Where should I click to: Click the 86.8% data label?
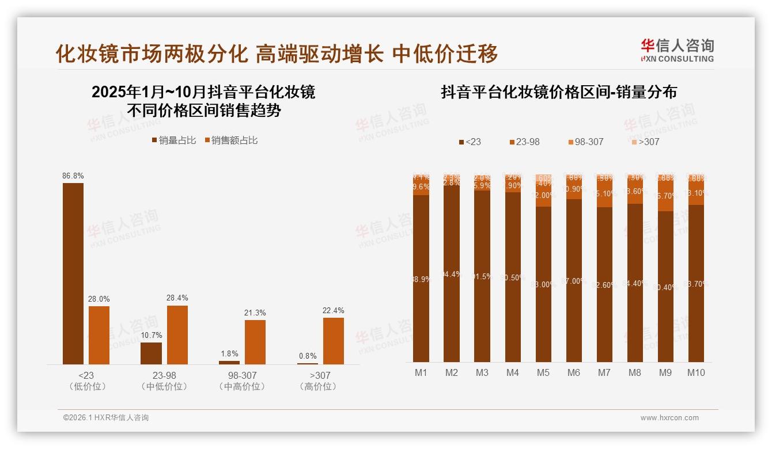point(73,176)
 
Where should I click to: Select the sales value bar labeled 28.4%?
point(177,334)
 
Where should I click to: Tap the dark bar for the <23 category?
point(73,273)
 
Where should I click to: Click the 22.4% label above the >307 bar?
point(334,310)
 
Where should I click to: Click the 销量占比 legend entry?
point(173,140)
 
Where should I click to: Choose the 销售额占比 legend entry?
point(231,140)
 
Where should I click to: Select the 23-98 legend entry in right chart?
point(525,142)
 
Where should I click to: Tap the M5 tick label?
point(543,372)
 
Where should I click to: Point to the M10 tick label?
point(696,372)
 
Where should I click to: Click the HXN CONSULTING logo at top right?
point(677,51)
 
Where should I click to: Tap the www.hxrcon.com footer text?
point(669,418)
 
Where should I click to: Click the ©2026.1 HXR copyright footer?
point(105,418)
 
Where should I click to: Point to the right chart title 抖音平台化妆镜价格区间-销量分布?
point(558,92)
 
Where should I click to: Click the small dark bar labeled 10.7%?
point(151,353)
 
